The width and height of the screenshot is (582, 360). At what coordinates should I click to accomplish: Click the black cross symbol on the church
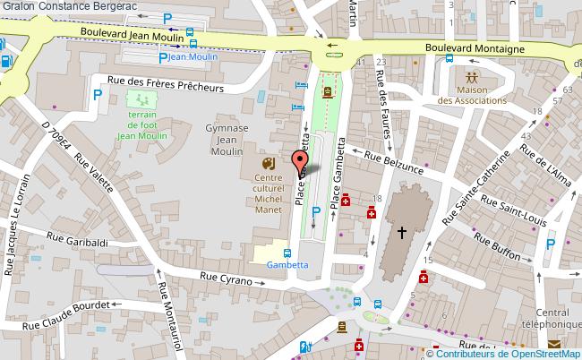[x=402, y=232]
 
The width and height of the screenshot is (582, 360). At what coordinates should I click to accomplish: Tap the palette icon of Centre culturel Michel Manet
[x=267, y=164]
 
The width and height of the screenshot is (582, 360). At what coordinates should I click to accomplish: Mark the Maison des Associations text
[x=472, y=94]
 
